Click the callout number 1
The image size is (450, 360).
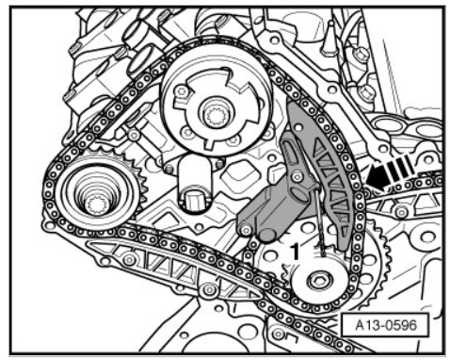pos(295,252)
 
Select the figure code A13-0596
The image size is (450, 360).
pos(386,325)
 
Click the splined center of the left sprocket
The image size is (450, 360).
pos(96,205)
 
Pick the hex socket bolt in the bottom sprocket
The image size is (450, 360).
pos(320,280)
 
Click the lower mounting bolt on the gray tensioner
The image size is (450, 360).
pos(246,231)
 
